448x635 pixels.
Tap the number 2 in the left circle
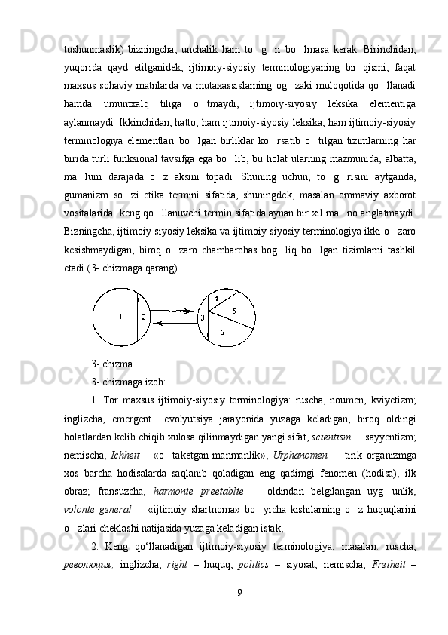click(143, 317)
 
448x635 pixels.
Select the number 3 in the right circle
click(202, 318)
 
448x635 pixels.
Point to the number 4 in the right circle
click(216, 299)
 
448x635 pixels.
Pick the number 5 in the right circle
click(233, 311)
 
